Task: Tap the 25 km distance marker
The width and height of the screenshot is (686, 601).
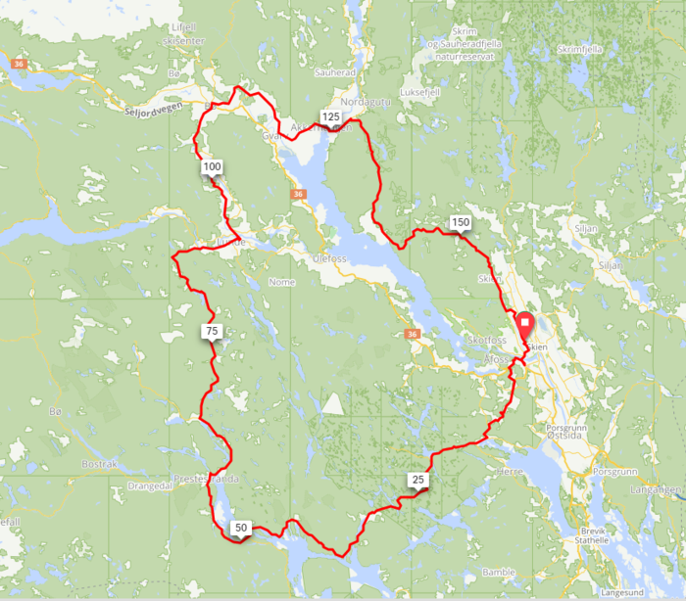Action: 418,480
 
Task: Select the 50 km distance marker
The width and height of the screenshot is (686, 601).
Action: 240,529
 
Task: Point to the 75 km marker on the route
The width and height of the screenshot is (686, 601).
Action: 211,332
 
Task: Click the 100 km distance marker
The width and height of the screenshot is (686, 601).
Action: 213,167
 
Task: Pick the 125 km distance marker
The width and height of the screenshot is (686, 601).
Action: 330,117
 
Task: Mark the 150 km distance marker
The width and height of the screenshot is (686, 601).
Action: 461,223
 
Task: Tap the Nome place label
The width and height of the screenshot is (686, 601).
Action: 281,281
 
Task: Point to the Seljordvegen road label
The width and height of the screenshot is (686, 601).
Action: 154,112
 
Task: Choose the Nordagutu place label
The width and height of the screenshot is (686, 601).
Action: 365,102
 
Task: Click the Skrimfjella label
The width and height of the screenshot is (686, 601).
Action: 579,49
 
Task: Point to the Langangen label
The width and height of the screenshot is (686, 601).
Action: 657,487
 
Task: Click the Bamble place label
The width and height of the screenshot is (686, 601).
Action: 498,572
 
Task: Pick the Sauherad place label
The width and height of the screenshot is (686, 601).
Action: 335,72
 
